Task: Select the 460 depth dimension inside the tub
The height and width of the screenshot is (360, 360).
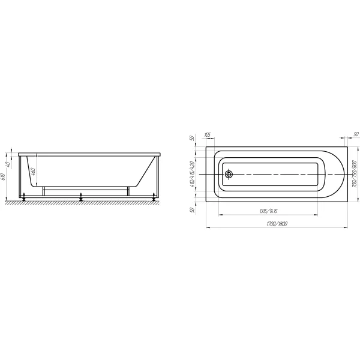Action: click(35, 171)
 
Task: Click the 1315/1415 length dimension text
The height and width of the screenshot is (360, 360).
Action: click(268, 211)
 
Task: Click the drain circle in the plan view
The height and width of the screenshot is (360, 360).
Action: click(229, 175)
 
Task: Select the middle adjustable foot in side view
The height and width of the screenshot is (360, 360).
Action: click(81, 196)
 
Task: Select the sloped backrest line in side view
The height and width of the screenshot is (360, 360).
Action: click(145, 171)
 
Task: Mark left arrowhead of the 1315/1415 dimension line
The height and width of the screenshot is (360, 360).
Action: click(220, 215)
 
